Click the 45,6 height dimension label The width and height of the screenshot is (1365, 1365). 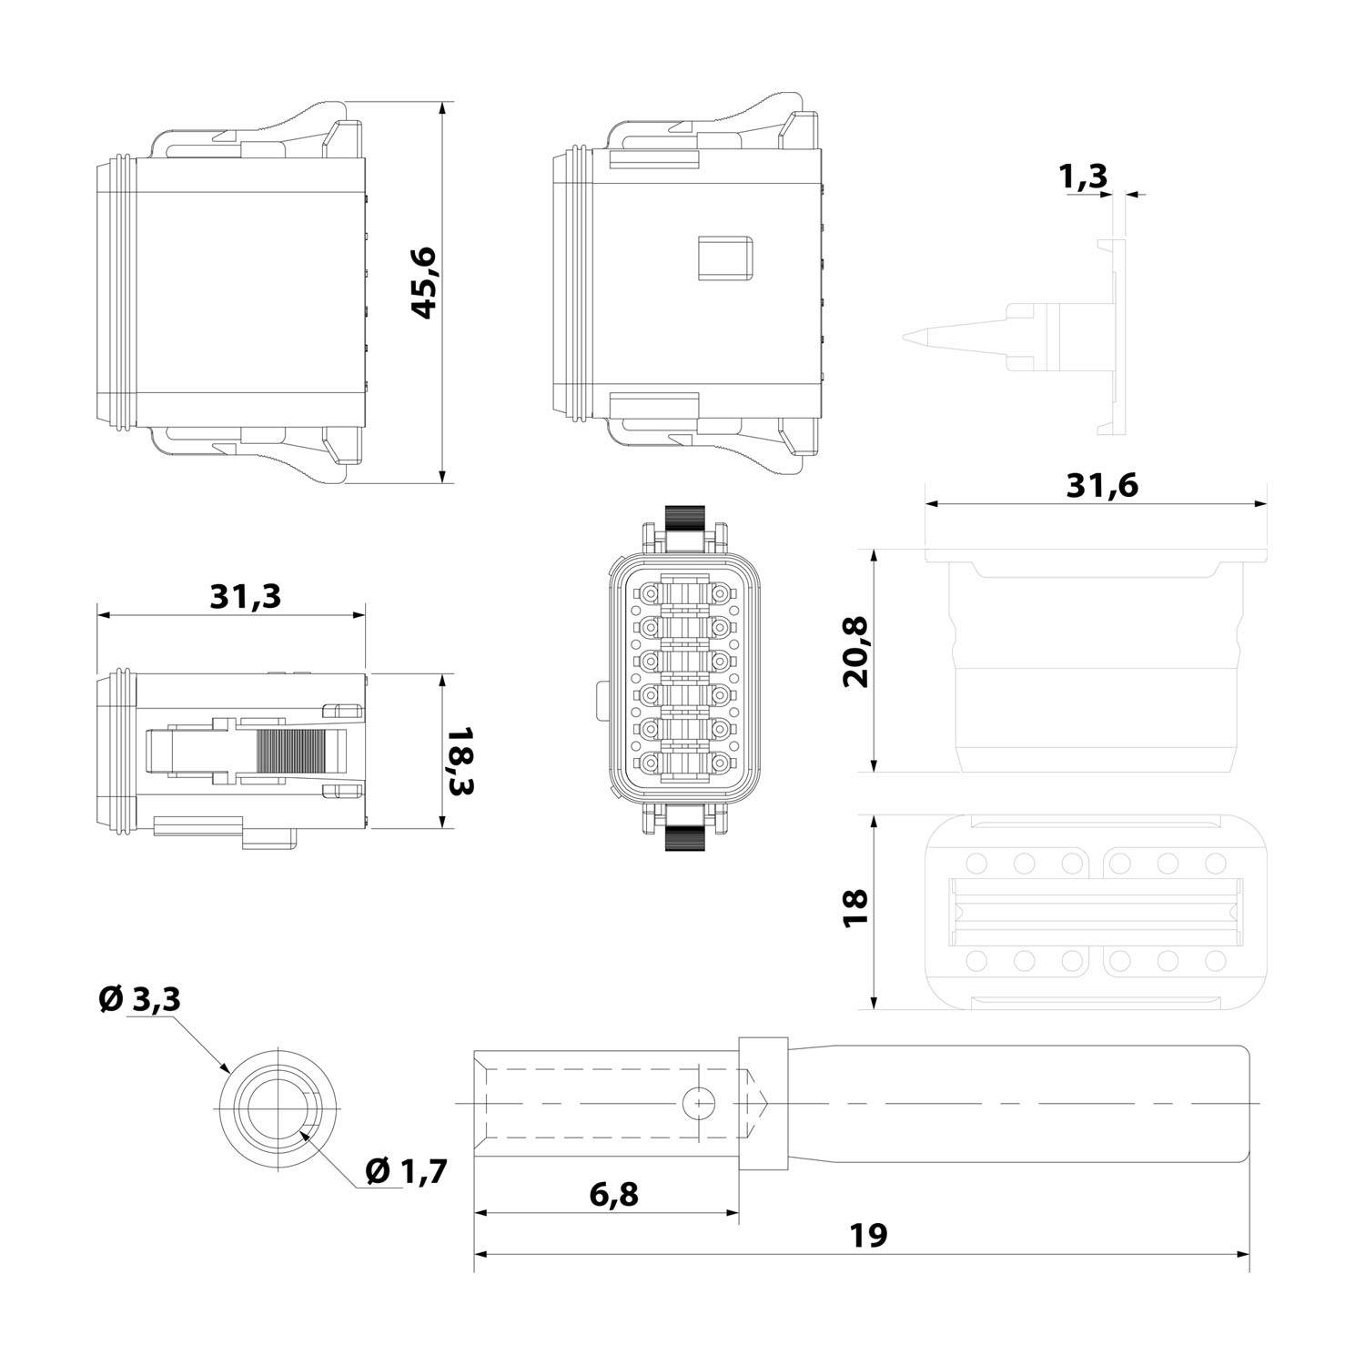tap(424, 283)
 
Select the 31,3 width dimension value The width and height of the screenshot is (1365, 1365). tap(246, 597)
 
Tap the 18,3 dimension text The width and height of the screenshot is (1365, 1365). tap(461, 761)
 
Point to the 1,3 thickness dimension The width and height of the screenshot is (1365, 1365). tap(1084, 176)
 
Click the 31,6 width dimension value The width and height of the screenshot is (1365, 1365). tap(1101, 486)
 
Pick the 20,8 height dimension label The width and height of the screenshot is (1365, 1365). tap(856, 652)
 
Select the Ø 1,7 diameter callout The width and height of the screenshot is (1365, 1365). tap(406, 1171)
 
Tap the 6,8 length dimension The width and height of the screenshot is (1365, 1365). tap(613, 1194)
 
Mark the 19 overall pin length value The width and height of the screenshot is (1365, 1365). tap(868, 1236)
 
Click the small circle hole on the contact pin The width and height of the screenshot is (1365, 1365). tap(698, 1104)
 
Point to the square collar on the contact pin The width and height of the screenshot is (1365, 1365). tap(763, 1104)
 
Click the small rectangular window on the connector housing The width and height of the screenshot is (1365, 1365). tap(725, 258)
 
